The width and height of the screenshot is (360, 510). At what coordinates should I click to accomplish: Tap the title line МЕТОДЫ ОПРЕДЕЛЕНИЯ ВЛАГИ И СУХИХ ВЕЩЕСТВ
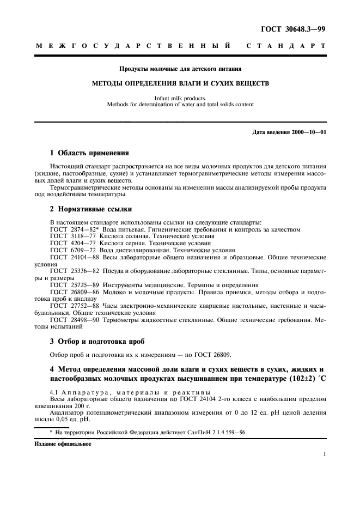(180, 84)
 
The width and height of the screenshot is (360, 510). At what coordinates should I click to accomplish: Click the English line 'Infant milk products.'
(180, 98)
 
